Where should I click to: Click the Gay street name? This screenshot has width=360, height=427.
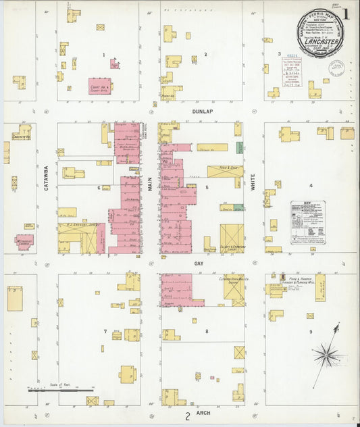click(x=199, y=263)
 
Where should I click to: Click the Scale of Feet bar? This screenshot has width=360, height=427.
click(x=61, y=390)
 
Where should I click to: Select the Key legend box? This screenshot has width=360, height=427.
click(x=307, y=222)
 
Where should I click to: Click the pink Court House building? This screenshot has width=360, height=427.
click(x=100, y=86)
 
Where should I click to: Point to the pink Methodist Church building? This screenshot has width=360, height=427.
click(x=25, y=241)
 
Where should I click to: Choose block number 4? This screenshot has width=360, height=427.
click(x=311, y=185)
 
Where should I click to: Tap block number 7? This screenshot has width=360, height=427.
click(x=105, y=332)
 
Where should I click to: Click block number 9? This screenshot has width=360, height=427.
click(x=311, y=332)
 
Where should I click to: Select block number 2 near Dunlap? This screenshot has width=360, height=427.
click(x=205, y=54)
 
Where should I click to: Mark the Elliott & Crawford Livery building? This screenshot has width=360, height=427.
click(x=232, y=238)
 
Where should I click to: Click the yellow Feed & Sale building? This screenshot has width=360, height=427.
click(x=224, y=172)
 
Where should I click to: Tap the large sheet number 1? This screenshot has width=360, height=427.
click(x=345, y=14)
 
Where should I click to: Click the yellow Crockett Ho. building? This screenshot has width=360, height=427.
click(x=22, y=132)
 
